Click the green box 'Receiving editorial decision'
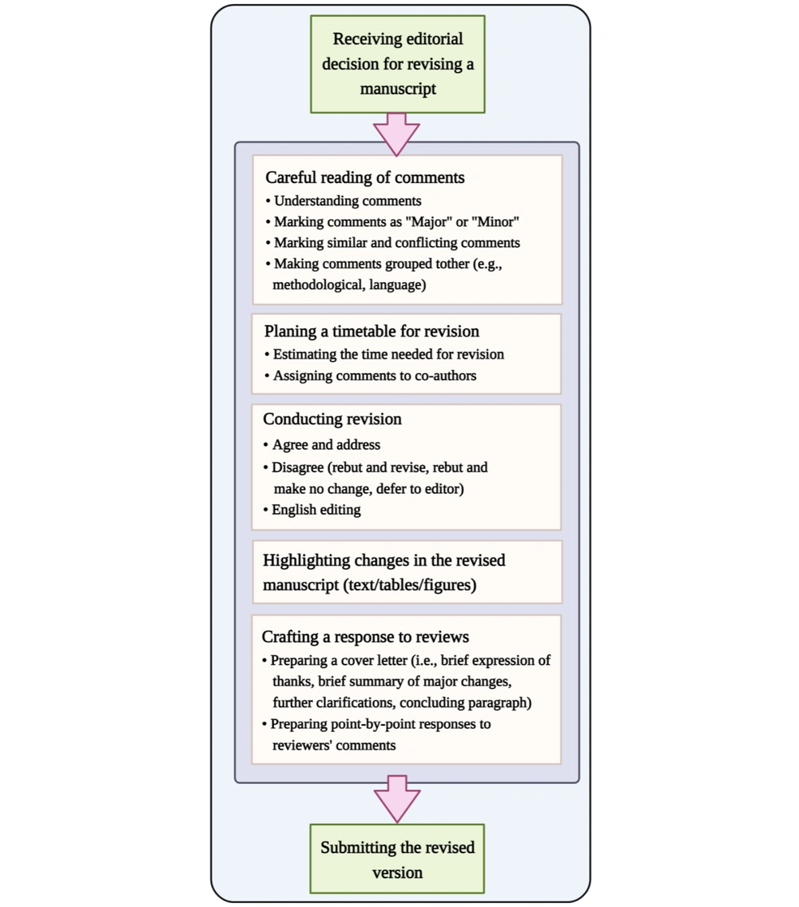pyautogui.click(x=397, y=64)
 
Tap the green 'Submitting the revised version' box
pyautogui.click(x=397, y=859)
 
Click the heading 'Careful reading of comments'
pyautogui.click(x=364, y=177)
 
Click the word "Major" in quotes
pyautogui.click(x=429, y=221)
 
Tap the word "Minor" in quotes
pyautogui.click(x=495, y=221)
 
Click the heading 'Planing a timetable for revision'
pyautogui.click(x=372, y=332)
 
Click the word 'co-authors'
pyautogui.click(x=446, y=376)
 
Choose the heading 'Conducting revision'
pyautogui.click(x=332, y=419)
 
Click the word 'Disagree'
pyautogui.click(x=297, y=467)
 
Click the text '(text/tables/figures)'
pyautogui.click(x=410, y=585)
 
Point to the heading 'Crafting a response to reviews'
pyautogui.click(x=365, y=637)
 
